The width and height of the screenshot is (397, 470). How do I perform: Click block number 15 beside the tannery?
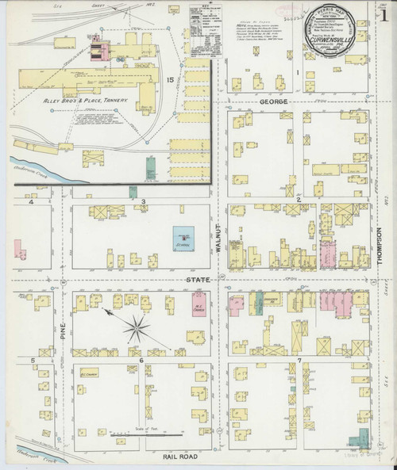click(170, 81)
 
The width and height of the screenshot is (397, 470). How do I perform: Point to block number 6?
click(141, 361)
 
